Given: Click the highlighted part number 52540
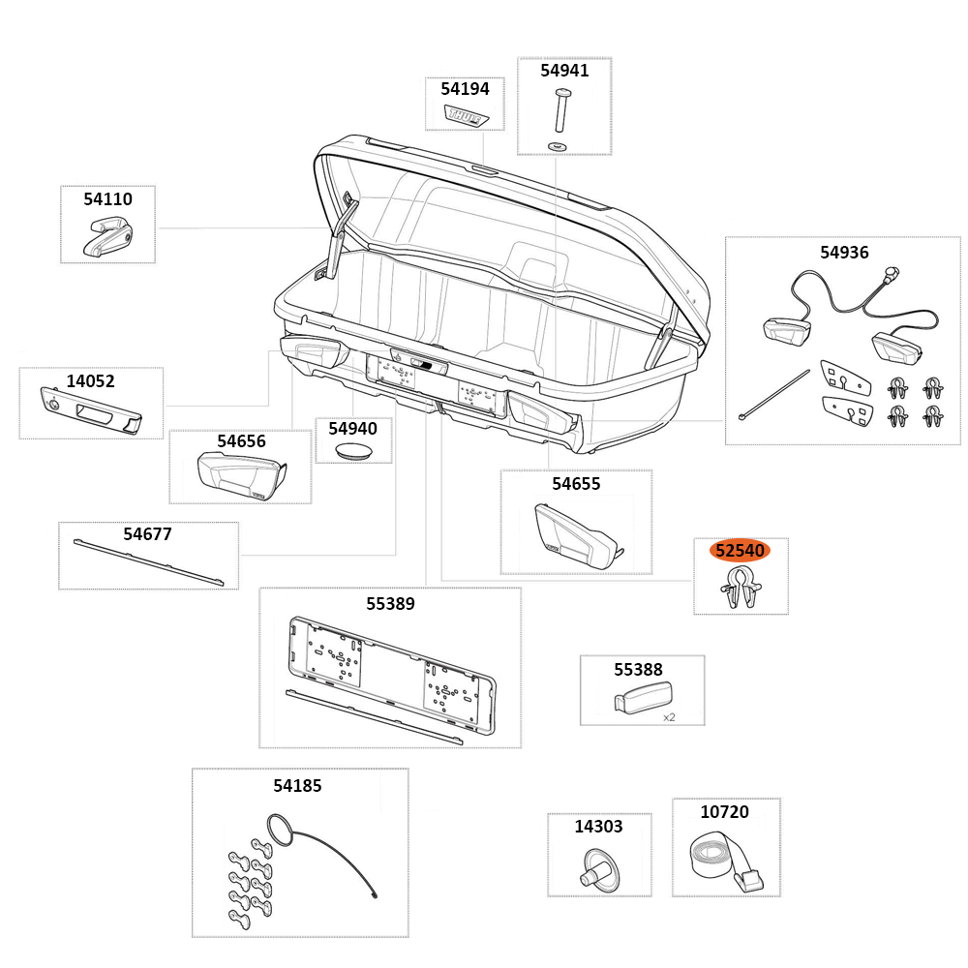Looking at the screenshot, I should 741,551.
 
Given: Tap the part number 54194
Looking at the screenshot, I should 465,89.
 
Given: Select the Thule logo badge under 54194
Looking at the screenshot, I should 466,115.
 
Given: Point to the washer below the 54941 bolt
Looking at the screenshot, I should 558,145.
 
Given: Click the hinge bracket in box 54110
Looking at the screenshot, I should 107,236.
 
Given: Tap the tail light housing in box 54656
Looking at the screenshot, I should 239,474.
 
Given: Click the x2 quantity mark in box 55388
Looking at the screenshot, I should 669,717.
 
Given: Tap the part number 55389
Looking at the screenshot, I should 390,604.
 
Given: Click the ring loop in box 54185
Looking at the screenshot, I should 278,830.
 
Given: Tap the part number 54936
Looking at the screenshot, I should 844,253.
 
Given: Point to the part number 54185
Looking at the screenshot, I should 297,786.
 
